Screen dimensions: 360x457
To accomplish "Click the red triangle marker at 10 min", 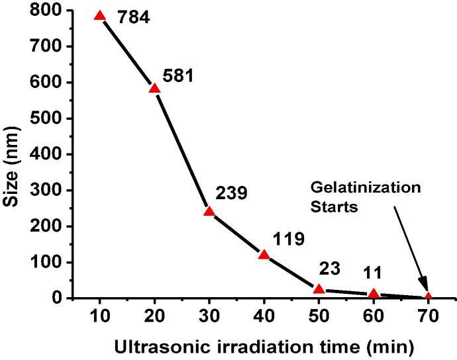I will [100, 16].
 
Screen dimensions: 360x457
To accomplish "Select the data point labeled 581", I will [155, 89].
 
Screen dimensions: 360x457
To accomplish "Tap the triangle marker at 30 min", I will [209, 212].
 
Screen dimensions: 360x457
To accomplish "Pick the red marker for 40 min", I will [264, 255].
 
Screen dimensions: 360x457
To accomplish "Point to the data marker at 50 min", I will [319, 289].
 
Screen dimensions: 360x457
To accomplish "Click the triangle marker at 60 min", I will [374, 293].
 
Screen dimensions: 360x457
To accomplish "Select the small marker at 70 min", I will [428, 296].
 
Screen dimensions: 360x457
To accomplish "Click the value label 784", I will [134, 17].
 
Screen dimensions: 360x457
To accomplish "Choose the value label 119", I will [288, 239].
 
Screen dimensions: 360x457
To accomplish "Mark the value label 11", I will [372, 273].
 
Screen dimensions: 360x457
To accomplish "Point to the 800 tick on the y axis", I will [49, 11].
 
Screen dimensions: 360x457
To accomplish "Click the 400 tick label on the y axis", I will [49, 154].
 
